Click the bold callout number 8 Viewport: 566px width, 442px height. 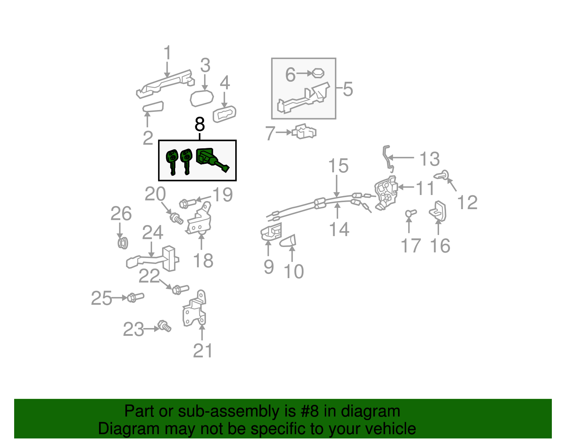click(x=200, y=124)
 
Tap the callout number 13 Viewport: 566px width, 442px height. click(x=429, y=159)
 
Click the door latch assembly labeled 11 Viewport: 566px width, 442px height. click(x=386, y=193)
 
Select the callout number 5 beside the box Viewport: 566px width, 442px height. click(x=348, y=89)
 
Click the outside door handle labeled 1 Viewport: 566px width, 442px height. click(x=164, y=85)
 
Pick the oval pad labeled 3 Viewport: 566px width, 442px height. click(x=202, y=98)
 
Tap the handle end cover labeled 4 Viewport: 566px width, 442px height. click(x=224, y=114)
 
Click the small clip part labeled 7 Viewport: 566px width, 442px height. click(x=305, y=132)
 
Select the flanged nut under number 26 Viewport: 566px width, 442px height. click(x=122, y=243)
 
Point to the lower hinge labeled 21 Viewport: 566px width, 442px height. click(x=195, y=310)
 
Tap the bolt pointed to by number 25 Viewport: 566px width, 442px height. click(x=135, y=297)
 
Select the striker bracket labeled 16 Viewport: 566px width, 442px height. click(x=438, y=211)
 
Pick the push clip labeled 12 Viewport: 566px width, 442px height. click(x=442, y=174)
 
